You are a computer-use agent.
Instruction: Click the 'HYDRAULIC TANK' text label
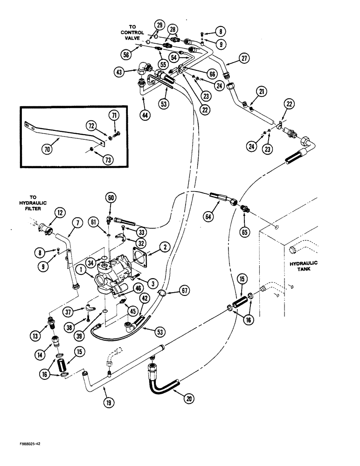click(303, 266)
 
